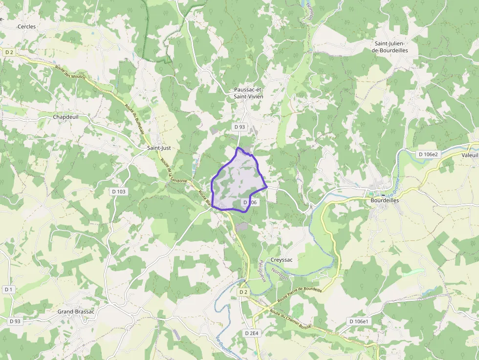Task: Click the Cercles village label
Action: (26, 26)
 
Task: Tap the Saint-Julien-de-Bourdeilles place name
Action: (390, 47)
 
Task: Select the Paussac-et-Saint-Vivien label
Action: (248, 93)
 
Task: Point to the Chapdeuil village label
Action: (66, 117)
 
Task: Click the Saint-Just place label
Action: (158, 147)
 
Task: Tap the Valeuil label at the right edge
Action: (470, 154)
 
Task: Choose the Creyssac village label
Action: (282, 260)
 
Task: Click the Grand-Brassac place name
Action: (75, 312)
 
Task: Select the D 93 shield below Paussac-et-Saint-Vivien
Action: (239, 127)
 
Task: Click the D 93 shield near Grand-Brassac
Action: (14, 321)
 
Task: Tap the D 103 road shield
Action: (119, 191)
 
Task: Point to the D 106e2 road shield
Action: (429, 154)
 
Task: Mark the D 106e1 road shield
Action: (359, 321)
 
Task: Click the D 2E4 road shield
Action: (251, 333)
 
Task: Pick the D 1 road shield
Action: (8, 290)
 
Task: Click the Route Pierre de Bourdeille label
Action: (299, 294)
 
